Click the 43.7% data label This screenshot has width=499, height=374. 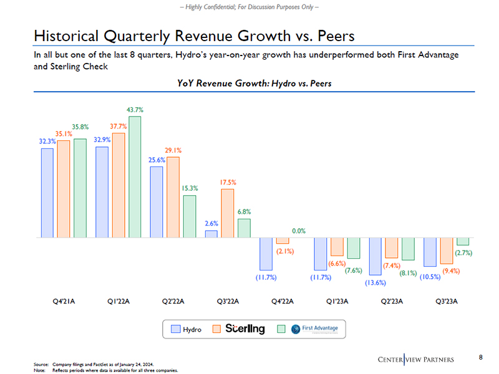(135, 110)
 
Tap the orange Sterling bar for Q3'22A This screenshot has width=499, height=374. (228, 213)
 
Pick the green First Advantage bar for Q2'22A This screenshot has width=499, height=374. (190, 216)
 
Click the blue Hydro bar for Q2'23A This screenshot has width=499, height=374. (375, 256)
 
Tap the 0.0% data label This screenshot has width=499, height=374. (299, 231)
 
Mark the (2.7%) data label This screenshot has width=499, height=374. (463, 252)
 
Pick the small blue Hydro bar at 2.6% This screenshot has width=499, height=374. (211, 234)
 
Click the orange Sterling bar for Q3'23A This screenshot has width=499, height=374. (446, 251)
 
